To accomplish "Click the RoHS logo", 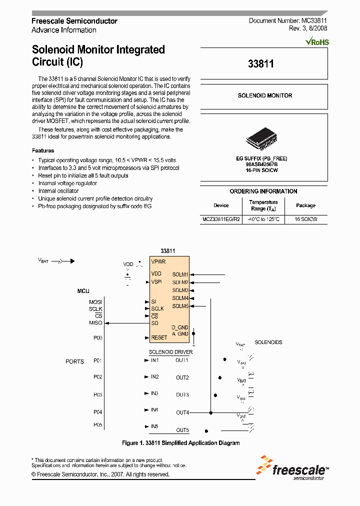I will coord(317,42).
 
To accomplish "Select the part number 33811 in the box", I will coord(260,64).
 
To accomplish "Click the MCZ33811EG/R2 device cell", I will coord(221,219).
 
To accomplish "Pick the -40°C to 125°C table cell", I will coord(263,219).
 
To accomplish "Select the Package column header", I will coord(305,205).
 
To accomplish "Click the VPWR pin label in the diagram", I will coord(158,261).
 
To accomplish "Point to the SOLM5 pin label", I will coord(180,306).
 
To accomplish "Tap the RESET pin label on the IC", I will coord(159,337).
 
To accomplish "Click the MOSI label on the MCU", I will coord(95,302).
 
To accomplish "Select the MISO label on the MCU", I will coord(95,323).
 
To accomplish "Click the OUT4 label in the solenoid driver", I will coord(182,412).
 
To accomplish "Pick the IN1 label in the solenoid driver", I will coord(154,360).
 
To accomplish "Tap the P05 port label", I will coord(97,425).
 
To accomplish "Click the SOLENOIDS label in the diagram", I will coord(268,342).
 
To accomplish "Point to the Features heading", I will coord(43,150).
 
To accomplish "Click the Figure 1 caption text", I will coord(180,443).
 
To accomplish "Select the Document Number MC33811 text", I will coord(288,21).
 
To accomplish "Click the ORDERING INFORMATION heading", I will coord(263,191).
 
